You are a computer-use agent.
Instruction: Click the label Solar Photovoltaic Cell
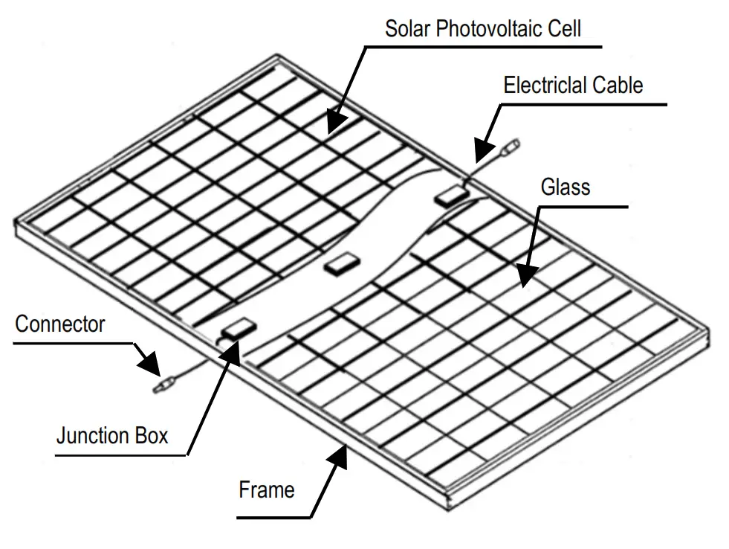click(x=482, y=29)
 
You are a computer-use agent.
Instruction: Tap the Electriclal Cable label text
click(x=573, y=85)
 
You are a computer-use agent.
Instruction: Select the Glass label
click(x=565, y=186)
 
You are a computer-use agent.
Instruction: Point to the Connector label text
click(x=60, y=324)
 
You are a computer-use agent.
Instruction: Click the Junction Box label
click(x=112, y=434)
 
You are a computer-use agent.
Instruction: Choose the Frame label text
click(x=266, y=490)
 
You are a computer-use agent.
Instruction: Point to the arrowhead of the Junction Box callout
click(x=230, y=350)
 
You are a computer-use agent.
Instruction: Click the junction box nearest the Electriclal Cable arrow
click(x=451, y=195)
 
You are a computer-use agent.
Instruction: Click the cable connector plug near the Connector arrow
click(x=163, y=385)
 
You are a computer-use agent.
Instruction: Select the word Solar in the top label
click(x=407, y=29)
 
